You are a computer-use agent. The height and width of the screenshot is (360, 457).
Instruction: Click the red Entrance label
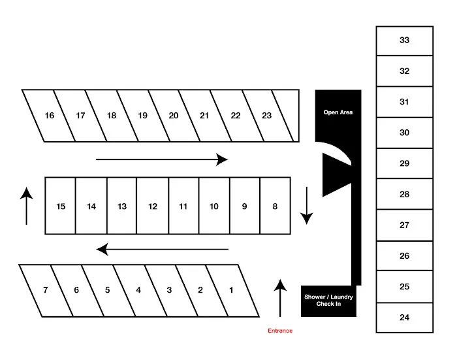(280, 331)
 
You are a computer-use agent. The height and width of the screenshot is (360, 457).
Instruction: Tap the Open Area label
(338, 112)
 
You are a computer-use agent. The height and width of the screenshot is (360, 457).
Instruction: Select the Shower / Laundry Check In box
(328, 301)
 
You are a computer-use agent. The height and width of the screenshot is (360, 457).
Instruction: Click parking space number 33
(404, 41)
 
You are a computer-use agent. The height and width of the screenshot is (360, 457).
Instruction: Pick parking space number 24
(404, 318)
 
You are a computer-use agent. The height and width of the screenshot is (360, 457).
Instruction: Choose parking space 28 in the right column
(404, 194)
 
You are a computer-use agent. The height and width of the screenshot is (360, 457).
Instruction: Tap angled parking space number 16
(50, 116)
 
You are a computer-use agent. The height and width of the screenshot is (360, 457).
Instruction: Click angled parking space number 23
(266, 116)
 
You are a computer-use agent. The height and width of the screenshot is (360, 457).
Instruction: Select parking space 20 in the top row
(173, 116)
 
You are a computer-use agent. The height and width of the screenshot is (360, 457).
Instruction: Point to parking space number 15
(61, 206)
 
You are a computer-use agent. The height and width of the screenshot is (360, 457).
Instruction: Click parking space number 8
(275, 206)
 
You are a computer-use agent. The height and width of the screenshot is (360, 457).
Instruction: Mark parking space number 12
(153, 206)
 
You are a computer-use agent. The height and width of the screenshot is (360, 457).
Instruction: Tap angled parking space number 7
(45, 290)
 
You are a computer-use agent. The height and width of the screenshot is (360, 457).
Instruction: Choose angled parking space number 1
(230, 290)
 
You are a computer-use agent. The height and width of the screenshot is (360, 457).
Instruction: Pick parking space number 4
(138, 290)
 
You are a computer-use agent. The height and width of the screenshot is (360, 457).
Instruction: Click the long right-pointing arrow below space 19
(162, 159)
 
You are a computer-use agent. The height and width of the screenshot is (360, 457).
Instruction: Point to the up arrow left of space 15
(26, 205)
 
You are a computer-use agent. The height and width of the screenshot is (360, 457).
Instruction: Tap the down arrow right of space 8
(305, 205)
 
